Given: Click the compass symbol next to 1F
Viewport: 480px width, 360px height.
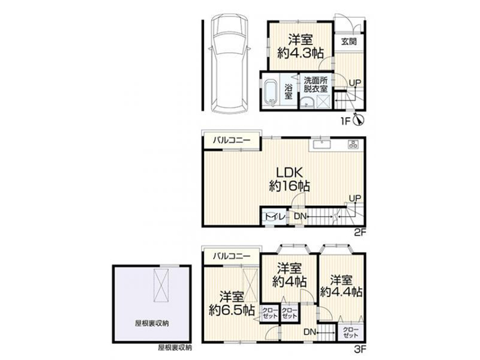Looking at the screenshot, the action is tap(358, 120).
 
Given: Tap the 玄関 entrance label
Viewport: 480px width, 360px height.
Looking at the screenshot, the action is tap(349, 41).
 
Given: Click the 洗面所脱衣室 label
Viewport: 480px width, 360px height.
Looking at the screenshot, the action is tap(316, 85).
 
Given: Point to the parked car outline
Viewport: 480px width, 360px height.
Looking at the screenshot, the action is tap(230, 64).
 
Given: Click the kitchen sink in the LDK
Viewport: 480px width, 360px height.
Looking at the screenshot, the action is tap(321, 144).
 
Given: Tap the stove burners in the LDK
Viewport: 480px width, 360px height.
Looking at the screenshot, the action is tap(353, 144).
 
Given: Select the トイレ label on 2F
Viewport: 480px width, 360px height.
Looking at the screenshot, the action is tap(275, 217).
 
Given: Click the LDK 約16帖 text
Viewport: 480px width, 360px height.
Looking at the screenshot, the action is tap(289, 179).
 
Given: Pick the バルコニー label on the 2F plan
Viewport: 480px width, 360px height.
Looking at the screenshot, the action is tap(232, 140).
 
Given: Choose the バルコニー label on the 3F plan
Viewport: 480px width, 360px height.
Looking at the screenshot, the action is tap(232, 256).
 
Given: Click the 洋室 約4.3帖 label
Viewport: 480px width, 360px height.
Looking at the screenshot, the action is tap(301, 47).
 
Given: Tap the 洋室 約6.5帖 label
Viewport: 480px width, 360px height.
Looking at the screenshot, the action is tap(232, 304).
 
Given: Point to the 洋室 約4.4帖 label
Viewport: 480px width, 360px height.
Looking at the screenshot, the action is tap(341, 286).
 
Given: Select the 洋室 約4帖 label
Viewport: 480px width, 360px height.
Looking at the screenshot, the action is tap(289, 275).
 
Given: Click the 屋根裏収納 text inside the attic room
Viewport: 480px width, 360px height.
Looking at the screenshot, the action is tap(152, 323).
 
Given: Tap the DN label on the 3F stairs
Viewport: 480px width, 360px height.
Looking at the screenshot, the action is tap(310, 332).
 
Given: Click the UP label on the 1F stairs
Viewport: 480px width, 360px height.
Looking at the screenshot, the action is tap(355, 83).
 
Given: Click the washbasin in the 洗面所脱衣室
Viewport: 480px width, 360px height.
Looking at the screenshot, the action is tap(307, 103).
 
